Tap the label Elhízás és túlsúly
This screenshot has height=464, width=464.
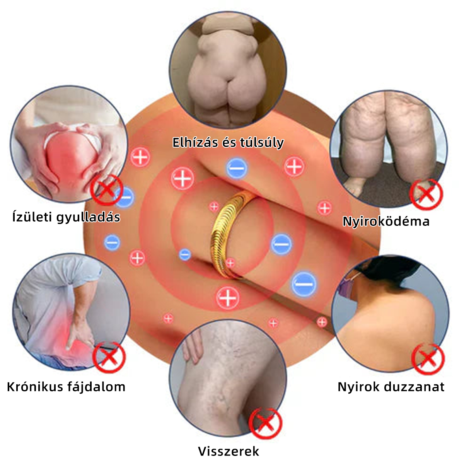point(228,142)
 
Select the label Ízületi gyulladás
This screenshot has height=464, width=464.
point(66,217)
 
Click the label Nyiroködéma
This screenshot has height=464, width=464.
point(386,221)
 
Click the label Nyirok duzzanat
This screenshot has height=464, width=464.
point(391,387)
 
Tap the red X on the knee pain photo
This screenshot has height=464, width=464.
point(107,190)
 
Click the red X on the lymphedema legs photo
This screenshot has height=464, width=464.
point(426,194)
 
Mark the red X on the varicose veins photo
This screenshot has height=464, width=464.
point(265,423)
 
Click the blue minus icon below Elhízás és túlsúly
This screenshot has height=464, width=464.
point(237,168)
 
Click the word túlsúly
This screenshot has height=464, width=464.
point(261,142)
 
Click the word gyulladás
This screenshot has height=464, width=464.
point(89,217)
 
